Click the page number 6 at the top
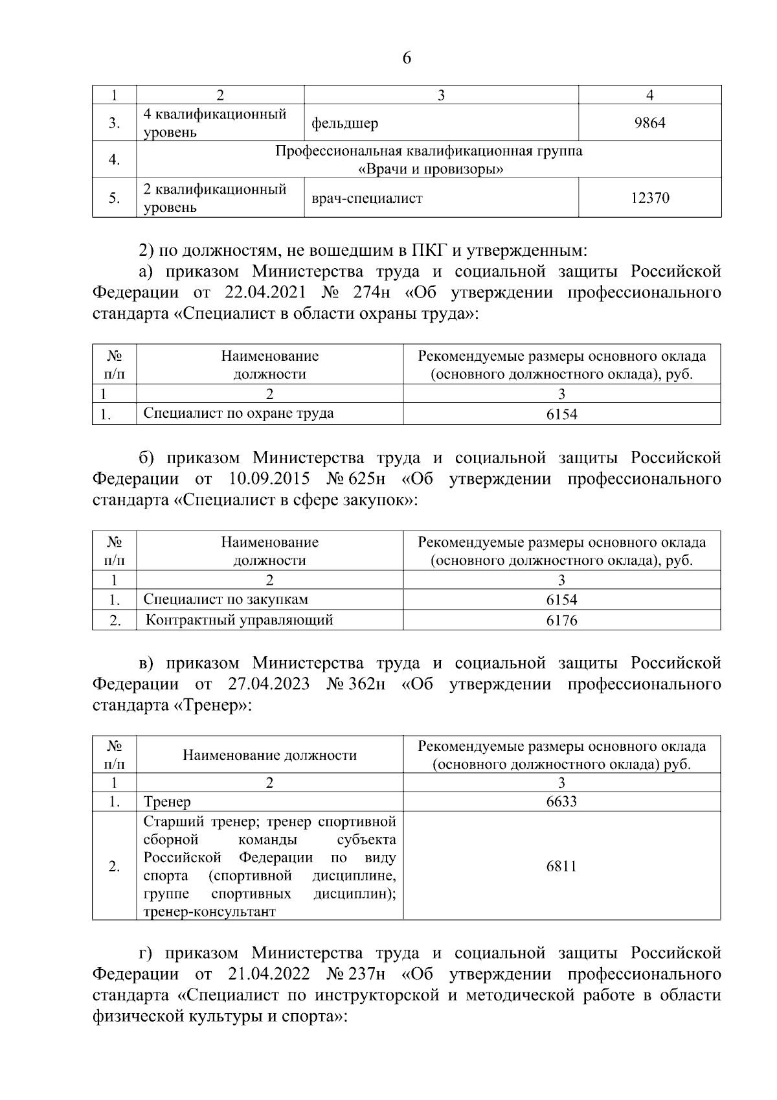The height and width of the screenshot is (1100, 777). coord(407,58)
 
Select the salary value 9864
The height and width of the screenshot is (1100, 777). coord(649,122)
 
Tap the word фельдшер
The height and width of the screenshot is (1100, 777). coord(344,123)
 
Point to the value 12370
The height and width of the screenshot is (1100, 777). coord(649,198)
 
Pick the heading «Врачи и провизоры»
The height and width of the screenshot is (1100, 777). coord(431,170)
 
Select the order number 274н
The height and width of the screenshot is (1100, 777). coord(372,293)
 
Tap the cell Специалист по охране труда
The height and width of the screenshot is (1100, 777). coord(238,413)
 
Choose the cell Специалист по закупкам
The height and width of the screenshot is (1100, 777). coord(225,599)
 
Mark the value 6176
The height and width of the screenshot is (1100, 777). coord(561,621)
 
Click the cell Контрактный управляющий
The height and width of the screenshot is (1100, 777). coord(239,620)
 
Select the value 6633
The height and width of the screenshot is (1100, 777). coord(561,802)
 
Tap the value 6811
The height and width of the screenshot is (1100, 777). coord(561,866)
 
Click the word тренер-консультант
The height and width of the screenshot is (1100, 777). coord(209,911)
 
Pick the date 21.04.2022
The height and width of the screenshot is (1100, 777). coord(268,974)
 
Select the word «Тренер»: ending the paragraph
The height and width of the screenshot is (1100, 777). coord(212,705)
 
